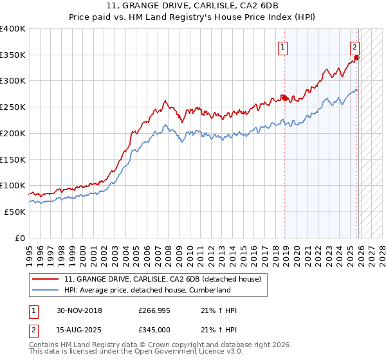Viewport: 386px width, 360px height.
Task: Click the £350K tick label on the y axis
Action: pos(13,55)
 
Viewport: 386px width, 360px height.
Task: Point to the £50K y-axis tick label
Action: pos(15,212)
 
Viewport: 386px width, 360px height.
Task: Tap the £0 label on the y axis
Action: pos(19,238)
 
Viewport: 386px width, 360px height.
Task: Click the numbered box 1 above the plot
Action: pos(283,46)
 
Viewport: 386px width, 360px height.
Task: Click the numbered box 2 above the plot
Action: pos(354,46)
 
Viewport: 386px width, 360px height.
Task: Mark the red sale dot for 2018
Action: pos(285,98)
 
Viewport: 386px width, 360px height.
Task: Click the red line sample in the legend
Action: pos(46,279)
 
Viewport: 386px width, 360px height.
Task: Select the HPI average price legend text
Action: pos(147,290)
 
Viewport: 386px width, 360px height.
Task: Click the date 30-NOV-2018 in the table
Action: pos(80,310)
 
